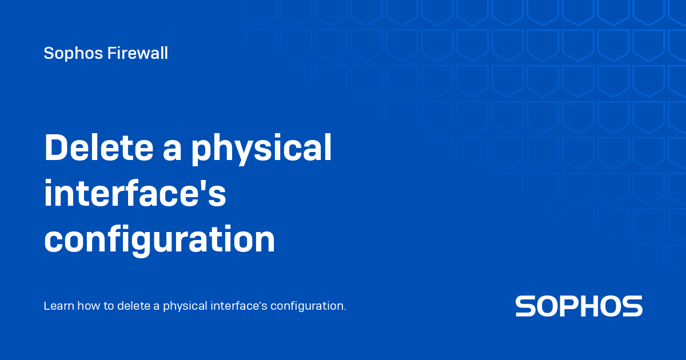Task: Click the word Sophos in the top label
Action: click(x=71, y=54)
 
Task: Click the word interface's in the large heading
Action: click(x=135, y=194)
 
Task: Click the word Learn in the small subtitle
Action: click(x=57, y=306)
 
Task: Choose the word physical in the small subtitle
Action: click(x=184, y=307)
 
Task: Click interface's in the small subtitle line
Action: click(x=238, y=306)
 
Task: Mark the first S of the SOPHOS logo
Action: click(x=526, y=306)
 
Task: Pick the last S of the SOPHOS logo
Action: click(x=632, y=306)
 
